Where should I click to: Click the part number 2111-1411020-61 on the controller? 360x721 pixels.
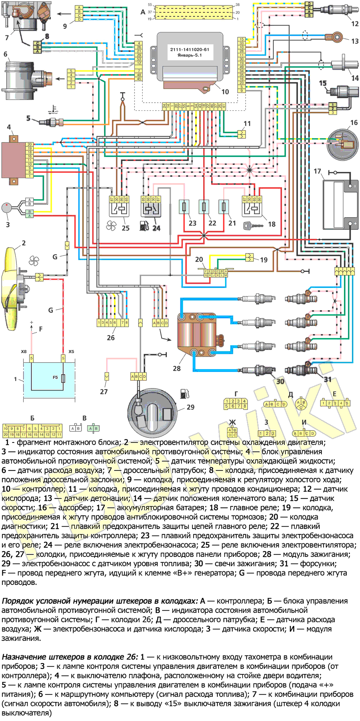point(189,49)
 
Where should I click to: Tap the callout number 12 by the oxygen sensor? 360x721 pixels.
point(355,24)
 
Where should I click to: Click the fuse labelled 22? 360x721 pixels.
point(204,206)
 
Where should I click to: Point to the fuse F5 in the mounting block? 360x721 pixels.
point(63,378)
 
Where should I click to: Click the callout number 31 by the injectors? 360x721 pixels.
point(328,379)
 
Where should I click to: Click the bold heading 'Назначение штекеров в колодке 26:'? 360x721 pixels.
point(70,657)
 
